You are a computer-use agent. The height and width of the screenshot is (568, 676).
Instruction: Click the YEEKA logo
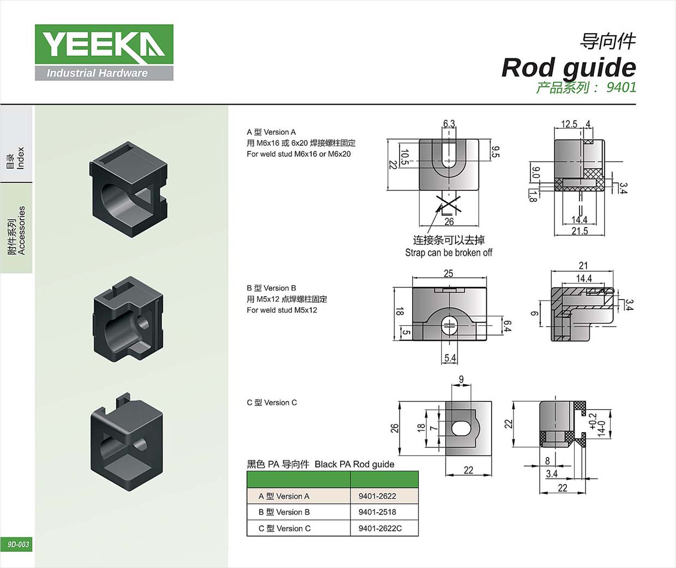click(x=104, y=52)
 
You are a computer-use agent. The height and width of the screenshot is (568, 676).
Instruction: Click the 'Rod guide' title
click(x=569, y=68)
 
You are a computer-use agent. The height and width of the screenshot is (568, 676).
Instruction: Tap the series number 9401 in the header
click(x=621, y=87)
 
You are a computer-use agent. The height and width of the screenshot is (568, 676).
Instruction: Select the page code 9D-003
click(x=18, y=544)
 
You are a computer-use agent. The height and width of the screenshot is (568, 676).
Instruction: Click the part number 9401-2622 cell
click(x=377, y=496)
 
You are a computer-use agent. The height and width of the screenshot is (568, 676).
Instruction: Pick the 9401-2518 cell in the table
click(x=377, y=512)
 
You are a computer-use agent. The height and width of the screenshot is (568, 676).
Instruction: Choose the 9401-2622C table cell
click(x=380, y=528)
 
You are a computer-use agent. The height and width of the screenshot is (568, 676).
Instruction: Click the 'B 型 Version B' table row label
click(x=284, y=512)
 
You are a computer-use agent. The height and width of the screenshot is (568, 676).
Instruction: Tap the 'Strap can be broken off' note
click(x=448, y=253)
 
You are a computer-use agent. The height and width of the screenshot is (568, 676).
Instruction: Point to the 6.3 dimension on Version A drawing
click(x=449, y=124)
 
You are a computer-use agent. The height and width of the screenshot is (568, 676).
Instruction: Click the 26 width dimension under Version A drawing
click(x=449, y=222)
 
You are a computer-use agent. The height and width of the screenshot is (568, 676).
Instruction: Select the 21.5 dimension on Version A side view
click(x=580, y=231)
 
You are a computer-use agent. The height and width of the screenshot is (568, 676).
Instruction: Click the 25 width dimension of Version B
click(x=448, y=273)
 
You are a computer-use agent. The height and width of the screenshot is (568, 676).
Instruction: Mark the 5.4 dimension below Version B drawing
click(x=450, y=358)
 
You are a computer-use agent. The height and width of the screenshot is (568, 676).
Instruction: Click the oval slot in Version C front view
click(x=461, y=428)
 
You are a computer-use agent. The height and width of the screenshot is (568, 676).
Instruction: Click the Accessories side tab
click(x=16, y=229)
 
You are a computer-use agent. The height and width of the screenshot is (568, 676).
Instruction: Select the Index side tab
click(x=16, y=158)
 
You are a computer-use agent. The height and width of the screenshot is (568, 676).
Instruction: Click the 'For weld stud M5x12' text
click(x=281, y=310)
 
